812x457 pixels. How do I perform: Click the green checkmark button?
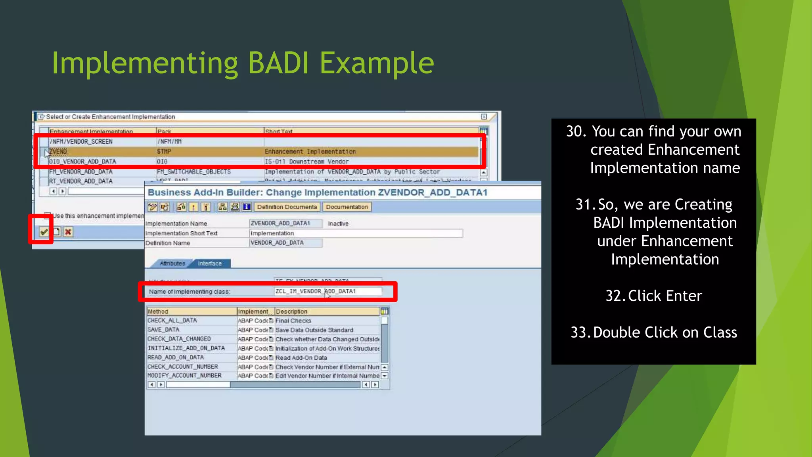[44, 232]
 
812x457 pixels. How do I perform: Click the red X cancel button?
[68, 232]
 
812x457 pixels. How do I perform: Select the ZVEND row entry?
[58, 152]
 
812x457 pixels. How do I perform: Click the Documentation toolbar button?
[347, 207]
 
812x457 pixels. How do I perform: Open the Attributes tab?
[172, 263]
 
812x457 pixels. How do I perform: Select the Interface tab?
[210, 263]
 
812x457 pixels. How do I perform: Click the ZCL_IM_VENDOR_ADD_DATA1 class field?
[327, 292]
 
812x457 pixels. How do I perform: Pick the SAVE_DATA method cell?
[163, 330]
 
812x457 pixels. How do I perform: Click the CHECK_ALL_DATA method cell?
[172, 321]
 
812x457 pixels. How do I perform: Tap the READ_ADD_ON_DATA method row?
[176, 357]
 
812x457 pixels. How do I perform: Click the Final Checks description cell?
[293, 321]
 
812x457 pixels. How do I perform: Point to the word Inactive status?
[338, 224]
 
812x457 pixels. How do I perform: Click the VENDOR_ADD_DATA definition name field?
[285, 243]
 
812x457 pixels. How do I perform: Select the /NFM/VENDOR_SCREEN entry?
[81, 142]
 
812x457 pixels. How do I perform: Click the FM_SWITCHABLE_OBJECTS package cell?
[193, 172]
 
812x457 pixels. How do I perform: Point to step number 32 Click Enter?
[653, 296]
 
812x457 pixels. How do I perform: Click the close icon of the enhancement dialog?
[484, 117]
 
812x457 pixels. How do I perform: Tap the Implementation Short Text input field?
[356, 233]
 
